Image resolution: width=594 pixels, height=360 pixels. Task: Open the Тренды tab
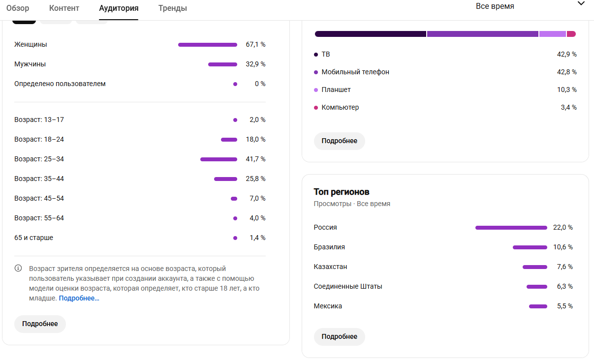point(173,8)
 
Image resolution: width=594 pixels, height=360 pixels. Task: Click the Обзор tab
point(18,8)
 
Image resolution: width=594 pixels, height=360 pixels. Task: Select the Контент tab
point(64,8)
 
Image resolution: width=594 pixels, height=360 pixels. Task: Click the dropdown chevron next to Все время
point(581,3)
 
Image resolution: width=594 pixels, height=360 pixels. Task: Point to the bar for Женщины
point(208,45)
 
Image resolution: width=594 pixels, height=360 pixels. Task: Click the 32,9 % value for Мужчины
point(255,64)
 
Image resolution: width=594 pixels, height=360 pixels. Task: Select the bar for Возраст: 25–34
point(219,159)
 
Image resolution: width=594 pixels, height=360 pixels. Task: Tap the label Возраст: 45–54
point(39,198)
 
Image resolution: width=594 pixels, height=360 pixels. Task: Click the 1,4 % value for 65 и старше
point(257,238)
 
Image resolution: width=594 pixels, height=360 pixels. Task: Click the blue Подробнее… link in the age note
point(79,298)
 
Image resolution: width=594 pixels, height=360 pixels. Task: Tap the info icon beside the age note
point(18,268)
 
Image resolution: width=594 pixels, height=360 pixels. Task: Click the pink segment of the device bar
point(571,34)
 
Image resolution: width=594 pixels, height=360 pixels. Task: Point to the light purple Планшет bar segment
point(553,34)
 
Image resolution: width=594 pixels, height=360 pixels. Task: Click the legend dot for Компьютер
point(316,108)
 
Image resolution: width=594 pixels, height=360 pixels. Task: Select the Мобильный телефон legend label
point(355,72)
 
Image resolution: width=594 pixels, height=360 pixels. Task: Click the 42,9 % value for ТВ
point(566,55)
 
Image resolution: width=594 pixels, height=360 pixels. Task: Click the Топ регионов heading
point(342,192)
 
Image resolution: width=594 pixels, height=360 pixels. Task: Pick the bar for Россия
point(511,228)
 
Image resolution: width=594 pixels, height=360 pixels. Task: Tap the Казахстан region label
point(330,267)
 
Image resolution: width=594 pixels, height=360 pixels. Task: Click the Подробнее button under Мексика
point(340,337)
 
